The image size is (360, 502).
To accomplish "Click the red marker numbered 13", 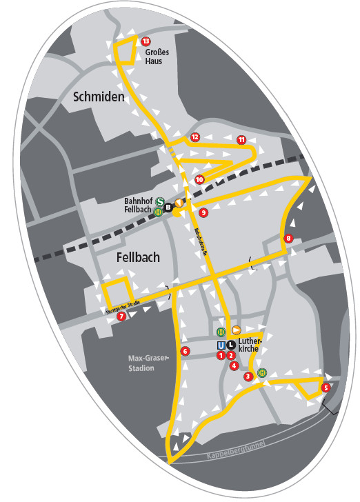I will tap(146, 42).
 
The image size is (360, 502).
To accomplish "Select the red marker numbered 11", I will tap(241, 140).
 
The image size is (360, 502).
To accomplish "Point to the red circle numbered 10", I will tap(199, 180).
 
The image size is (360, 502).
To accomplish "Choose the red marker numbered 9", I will tap(203, 213).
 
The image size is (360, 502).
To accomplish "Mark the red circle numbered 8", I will tap(288, 239).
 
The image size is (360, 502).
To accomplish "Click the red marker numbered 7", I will tap(121, 317).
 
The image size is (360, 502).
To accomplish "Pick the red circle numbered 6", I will tap(185, 352).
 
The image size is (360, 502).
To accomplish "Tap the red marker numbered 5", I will tap(326, 388).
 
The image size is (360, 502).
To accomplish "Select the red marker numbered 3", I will tap(248, 376).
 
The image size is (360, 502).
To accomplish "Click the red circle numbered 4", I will tap(234, 365).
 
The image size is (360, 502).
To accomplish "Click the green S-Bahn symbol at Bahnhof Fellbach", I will tap(159, 202).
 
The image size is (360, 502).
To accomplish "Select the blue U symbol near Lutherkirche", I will tap(221, 345).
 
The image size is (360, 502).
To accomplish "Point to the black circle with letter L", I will tap(231, 345).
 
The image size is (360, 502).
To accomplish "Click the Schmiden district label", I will tap(99, 98).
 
